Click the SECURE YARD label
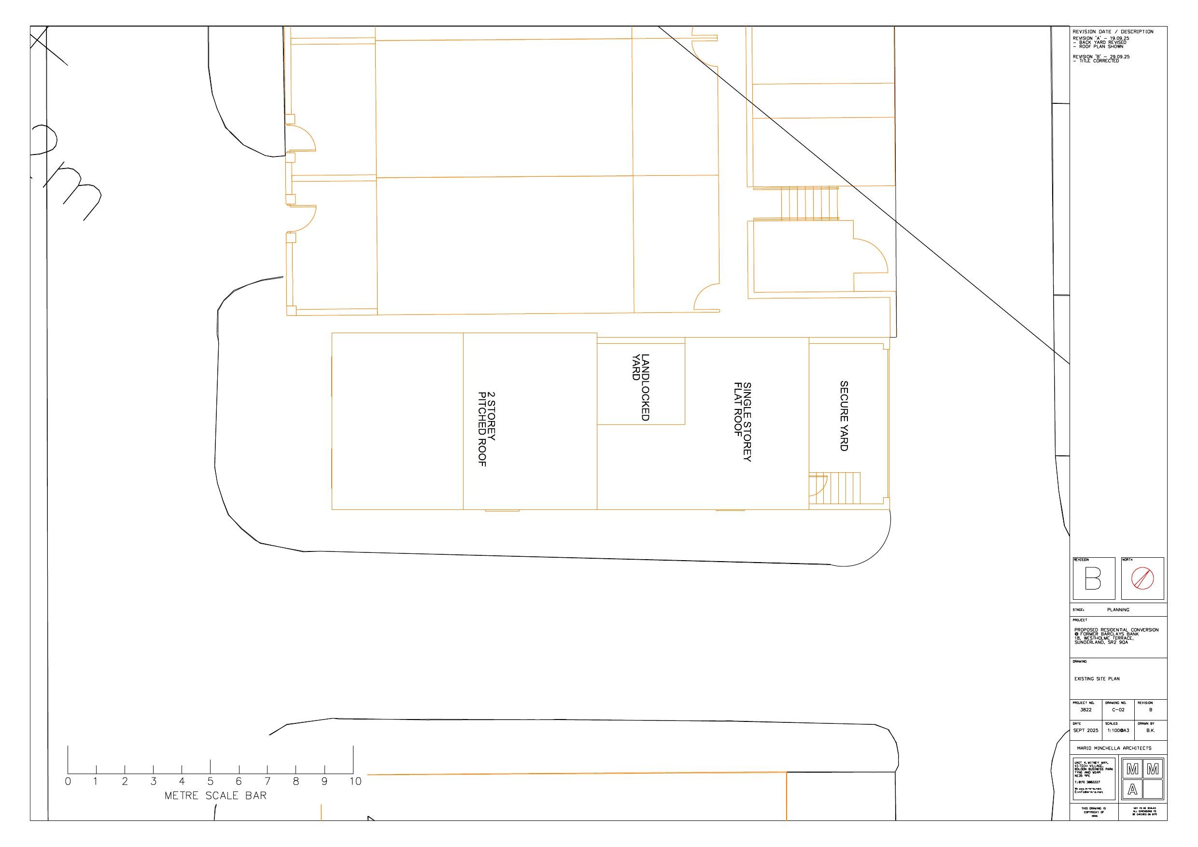tap(844, 416)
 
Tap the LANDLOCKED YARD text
tap(640, 387)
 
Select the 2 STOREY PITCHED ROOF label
tap(486, 429)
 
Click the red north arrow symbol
tap(1142, 578)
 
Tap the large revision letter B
tap(1093, 578)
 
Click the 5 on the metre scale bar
tap(210, 781)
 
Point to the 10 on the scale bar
tap(355, 781)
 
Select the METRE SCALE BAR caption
tap(215, 796)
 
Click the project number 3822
tap(1085, 710)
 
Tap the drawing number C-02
tap(1118, 710)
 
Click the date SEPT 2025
tap(1085, 731)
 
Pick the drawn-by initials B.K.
tap(1150, 731)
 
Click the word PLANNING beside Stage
tap(1118, 609)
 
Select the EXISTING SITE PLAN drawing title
tap(1097, 679)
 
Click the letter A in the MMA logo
tap(1132, 790)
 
